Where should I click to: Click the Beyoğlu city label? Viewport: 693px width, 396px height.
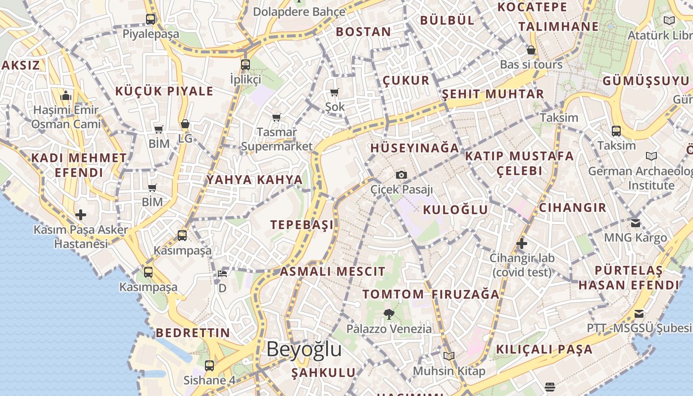304,349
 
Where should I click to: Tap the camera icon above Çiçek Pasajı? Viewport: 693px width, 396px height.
401,175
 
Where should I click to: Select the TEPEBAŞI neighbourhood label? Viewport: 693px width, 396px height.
302,225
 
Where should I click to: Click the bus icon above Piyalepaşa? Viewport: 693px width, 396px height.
150,19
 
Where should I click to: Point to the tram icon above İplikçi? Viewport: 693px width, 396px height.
246,64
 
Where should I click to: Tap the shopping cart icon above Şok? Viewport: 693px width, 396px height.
335,92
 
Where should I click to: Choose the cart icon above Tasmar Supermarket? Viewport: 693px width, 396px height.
277,117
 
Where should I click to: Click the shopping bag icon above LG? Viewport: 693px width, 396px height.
185,124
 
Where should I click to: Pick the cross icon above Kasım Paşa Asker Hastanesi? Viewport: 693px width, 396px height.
81,215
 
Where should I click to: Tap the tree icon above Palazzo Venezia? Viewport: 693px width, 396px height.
389,314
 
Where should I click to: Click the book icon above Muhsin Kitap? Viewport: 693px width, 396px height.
449,356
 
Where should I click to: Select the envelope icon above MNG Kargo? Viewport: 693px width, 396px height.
636,223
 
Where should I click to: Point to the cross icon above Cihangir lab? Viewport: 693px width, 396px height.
521,244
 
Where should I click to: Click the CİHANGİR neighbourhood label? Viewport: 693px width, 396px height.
573,208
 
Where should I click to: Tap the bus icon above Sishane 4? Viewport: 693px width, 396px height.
209,366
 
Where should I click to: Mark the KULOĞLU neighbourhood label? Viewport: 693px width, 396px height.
455,210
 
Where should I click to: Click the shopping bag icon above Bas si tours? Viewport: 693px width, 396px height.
531,50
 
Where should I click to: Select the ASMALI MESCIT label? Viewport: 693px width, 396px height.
333,272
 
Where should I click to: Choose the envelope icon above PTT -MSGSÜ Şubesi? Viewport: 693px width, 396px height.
639,314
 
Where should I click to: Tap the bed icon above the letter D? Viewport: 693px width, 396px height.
223,273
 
